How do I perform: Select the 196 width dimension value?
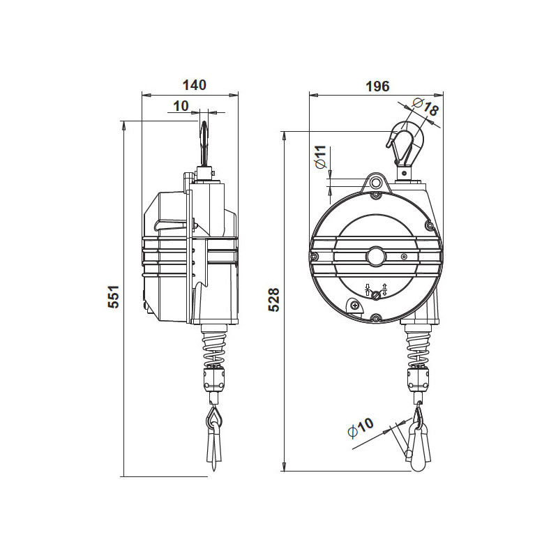(377, 86)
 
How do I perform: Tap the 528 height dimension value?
(274, 299)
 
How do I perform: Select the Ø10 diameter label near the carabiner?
(361, 428)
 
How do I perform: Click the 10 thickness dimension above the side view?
(181, 105)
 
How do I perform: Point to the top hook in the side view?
(203, 143)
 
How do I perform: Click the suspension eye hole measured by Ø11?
(377, 183)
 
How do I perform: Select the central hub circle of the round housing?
(377, 256)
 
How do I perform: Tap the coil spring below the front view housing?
(418, 347)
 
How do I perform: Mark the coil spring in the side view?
(213, 347)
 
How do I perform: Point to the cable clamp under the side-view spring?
(213, 379)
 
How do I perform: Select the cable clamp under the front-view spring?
(418, 379)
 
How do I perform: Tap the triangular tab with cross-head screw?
(356, 306)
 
